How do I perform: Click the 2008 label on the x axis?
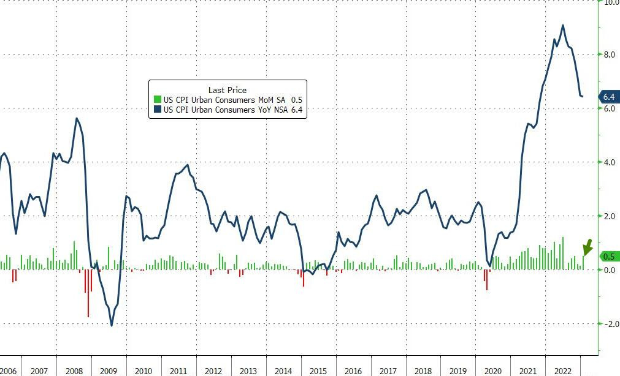(74, 371)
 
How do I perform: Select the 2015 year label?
(318, 371)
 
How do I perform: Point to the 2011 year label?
(178, 371)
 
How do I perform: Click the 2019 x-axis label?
(458, 371)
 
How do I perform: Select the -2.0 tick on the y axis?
(610, 324)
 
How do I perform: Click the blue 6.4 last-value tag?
(608, 97)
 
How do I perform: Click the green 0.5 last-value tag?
(608, 257)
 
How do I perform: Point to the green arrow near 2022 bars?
(587, 247)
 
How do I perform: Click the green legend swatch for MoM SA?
(157, 100)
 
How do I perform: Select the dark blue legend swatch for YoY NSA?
(157, 110)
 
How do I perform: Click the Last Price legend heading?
(228, 90)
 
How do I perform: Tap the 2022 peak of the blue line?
(563, 25)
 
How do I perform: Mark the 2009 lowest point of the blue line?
(112, 325)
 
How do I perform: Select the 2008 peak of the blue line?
(76, 118)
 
